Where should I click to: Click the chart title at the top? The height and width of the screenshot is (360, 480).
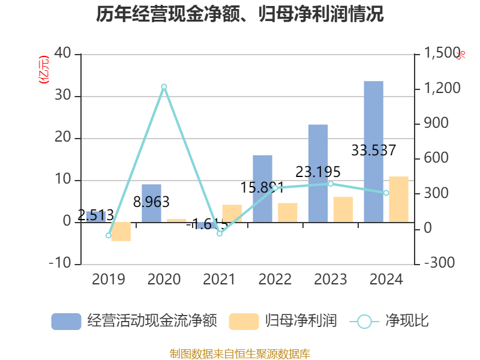point(239,14)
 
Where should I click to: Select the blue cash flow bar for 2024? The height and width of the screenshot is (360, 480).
point(373,151)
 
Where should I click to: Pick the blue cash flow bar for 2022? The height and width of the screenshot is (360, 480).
point(262,188)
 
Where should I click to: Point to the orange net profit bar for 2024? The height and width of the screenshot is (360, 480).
point(398,199)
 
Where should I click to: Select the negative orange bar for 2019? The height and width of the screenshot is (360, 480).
point(121,232)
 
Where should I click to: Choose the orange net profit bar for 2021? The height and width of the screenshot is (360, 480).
point(232,214)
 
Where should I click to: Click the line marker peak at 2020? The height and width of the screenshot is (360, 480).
point(164,86)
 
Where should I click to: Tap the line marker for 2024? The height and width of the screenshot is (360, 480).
point(386,193)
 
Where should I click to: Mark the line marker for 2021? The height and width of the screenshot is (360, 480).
point(220,233)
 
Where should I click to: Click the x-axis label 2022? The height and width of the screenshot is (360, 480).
point(275,280)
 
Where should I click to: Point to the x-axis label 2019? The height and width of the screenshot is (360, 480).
point(109,280)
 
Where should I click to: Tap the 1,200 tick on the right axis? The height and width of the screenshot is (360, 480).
point(443,89)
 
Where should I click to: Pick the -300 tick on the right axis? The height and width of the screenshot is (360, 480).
point(440,263)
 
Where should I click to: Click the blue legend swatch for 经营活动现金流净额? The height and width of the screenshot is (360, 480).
point(66,322)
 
